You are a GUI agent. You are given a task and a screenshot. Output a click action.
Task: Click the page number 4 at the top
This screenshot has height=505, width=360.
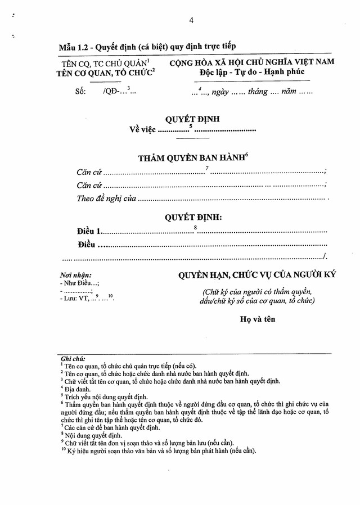tap(191, 20)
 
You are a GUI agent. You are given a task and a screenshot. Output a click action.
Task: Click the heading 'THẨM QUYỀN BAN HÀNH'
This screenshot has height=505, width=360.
tap(191, 159)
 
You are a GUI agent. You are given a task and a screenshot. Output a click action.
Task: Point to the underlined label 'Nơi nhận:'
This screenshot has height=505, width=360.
tap(76, 275)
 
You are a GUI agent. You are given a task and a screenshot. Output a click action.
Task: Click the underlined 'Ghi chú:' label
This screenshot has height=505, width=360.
tap(71, 358)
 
